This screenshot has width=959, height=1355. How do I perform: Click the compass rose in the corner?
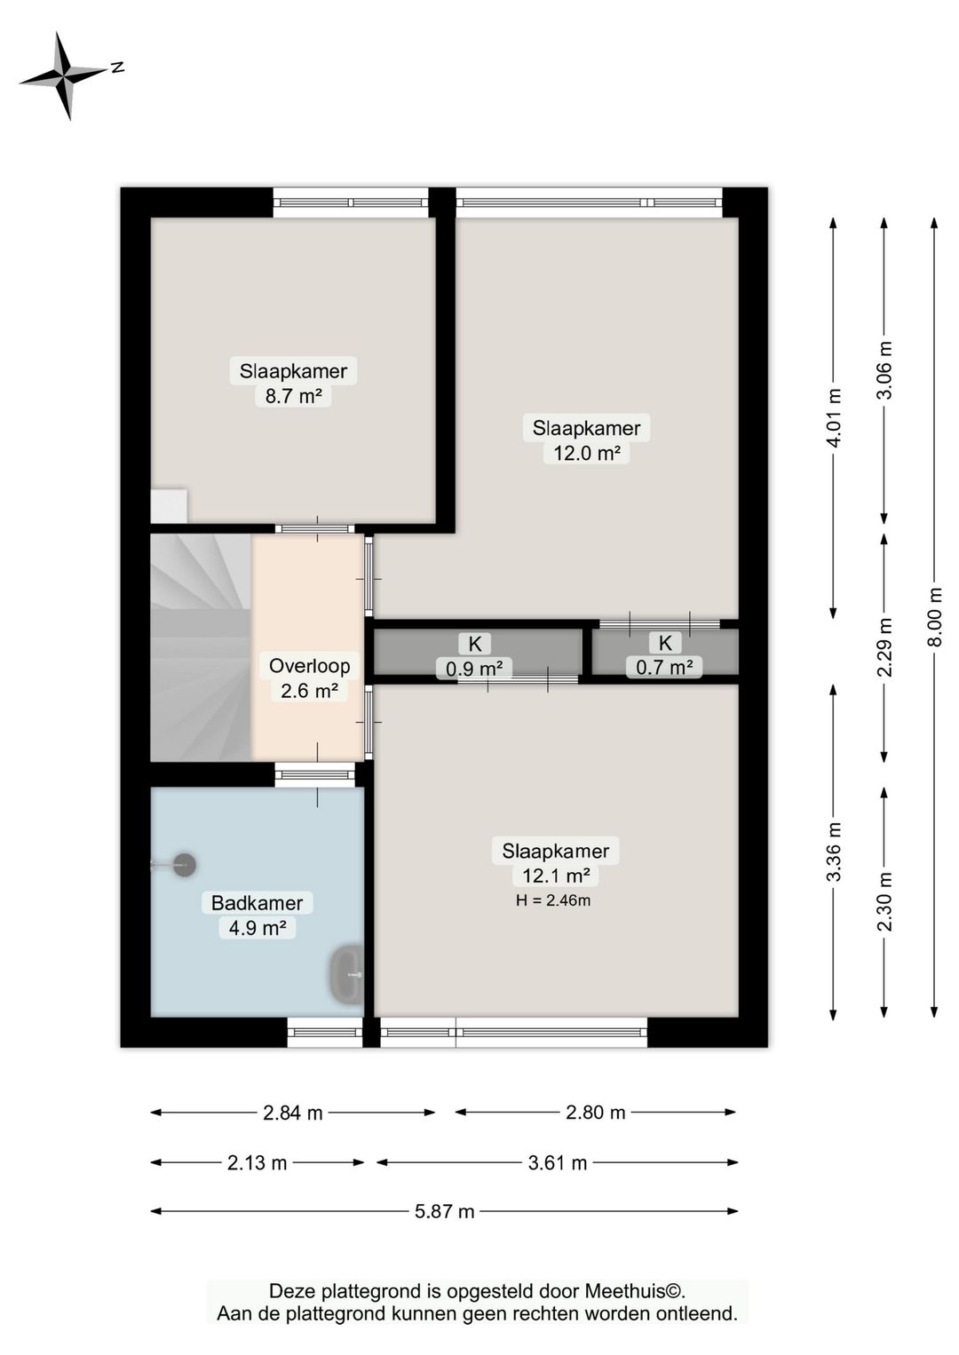pyautogui.click(x=67, y=75)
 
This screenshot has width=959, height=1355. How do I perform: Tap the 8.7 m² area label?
pyautogui.click(x=293, y=396)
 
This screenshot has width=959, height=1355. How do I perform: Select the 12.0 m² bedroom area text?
pyautogui.click(x=587, y=453)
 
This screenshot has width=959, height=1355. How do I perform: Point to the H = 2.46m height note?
pyautogui.click(x=553, y=900)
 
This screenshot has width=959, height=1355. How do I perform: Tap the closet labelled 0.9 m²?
pyautogui.click(x=478, y=652)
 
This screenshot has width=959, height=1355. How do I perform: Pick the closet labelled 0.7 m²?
pyautogui.click(x=665, y=652)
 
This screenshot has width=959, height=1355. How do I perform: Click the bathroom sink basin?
pyautogui.click(x=347, y=973)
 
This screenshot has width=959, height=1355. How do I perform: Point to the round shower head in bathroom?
pyautogui.click(x=185, y=865)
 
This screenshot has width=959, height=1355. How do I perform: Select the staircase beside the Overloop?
pyautogui.click(x=201, y=647)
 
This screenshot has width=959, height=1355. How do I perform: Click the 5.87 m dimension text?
pyautogui.click(x=445, y=1212)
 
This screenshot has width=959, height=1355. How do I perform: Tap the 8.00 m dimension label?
pyautogui.click(x=935, y=616)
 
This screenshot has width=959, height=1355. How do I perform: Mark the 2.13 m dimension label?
pyautogui.click(x=258, y=1162)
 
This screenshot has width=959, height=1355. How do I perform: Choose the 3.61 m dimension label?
pyautogui.click(x=558, y=1162)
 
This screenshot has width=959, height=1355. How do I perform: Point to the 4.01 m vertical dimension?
pyautogui.click(x=834, y=418)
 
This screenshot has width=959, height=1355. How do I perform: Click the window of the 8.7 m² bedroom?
pyautogui.click(x=351, y=202)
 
